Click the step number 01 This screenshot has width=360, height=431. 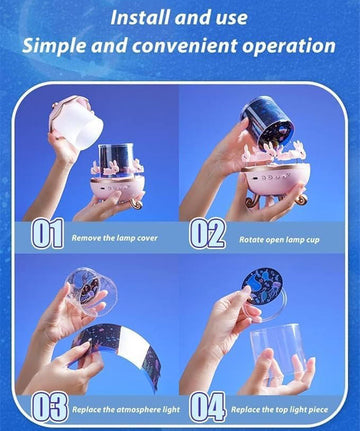point(48,233)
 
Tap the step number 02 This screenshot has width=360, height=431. point(207,233)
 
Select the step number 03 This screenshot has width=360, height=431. point(50,407)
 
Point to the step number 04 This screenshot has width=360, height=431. point(208,407)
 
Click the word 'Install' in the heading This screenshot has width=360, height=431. point(141,18)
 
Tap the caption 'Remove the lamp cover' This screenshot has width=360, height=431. point(115,238)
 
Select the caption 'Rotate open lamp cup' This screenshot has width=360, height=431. point(279,240)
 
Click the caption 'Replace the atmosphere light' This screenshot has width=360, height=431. point(126,410)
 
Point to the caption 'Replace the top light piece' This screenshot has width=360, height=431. point(280,410)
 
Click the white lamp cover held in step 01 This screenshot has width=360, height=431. point(77,121)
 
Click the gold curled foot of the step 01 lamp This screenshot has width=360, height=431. point(137,203)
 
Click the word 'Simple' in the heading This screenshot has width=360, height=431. point(54,46)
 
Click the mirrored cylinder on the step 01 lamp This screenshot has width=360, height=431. point(116,158)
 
